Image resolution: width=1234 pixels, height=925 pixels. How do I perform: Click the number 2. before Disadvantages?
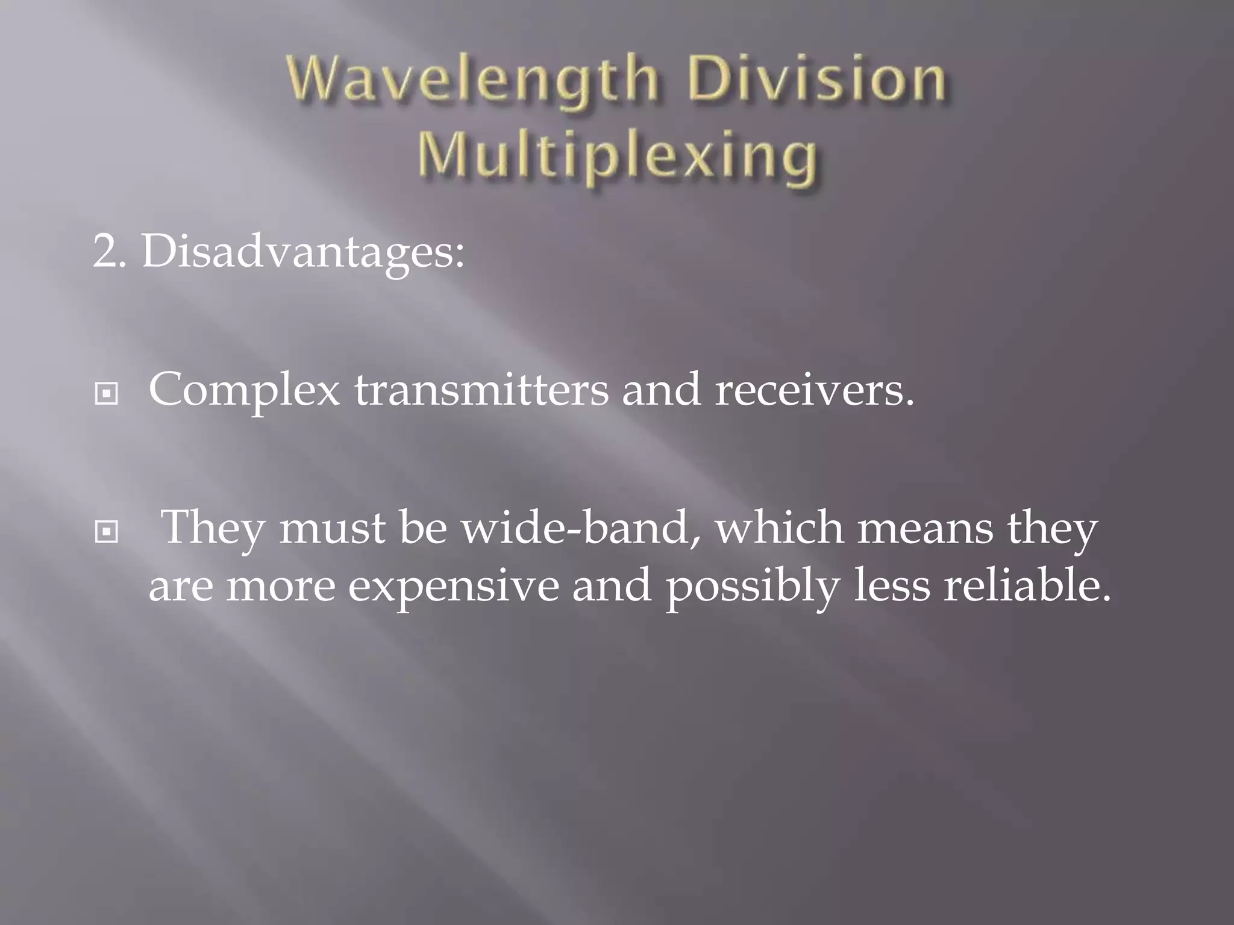click(x=108, y=252)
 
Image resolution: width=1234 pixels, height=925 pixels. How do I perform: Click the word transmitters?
click(x=481, y=390)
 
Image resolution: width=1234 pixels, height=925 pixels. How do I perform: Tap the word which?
click(x=780, y=528)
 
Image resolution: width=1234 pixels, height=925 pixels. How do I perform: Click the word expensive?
click(x=454, y=587)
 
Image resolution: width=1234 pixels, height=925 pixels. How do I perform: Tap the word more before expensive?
click(x=281, y=588)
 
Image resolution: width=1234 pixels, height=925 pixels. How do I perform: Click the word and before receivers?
click(x=661, y=390)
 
